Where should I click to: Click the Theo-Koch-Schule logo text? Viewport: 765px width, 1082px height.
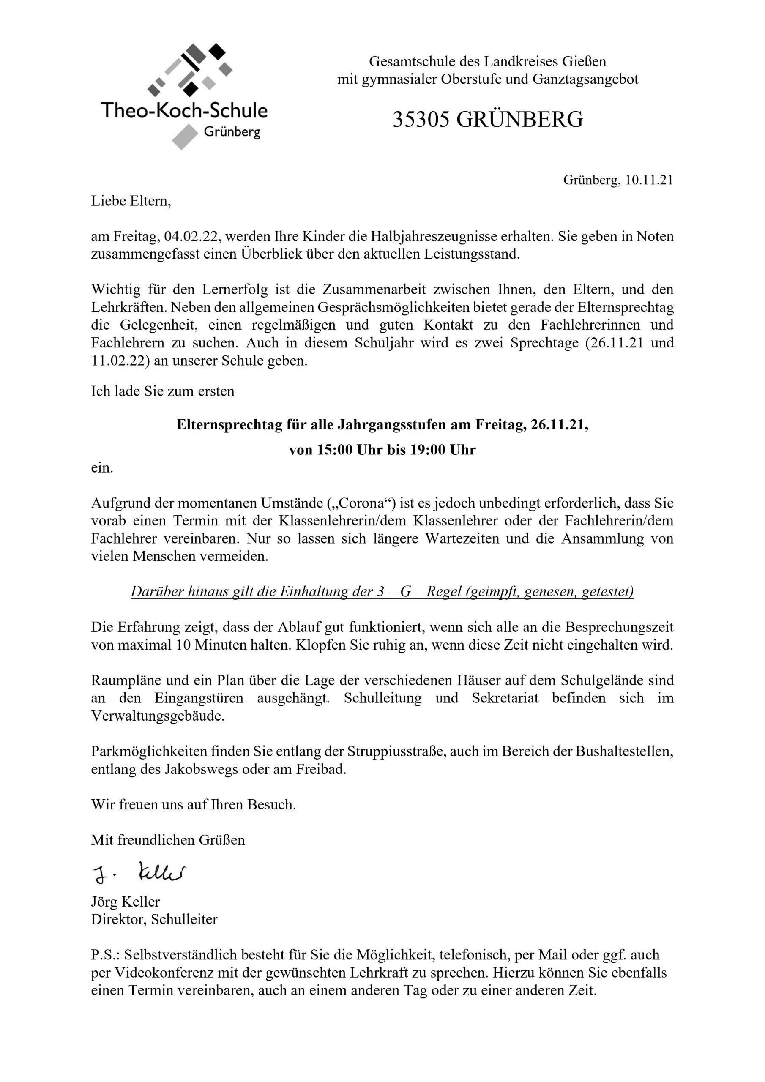184,110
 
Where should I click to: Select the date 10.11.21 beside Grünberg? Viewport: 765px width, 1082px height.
649,180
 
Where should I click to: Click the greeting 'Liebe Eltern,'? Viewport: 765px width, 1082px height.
131,201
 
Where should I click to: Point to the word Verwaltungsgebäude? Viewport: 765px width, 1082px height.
157,716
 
